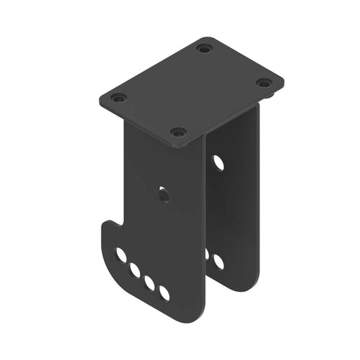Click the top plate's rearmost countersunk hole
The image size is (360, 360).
pyautogui.click(x=204, y=49)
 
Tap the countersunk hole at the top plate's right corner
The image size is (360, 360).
pyautogui.click(x=264, y=83)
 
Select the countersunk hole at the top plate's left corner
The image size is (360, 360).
pyautogui.click(x=118, y=98)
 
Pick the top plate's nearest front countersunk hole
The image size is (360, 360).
pyautogui.click(x=179, y=132)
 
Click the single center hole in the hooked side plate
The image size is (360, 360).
pyautogui.click(x=164, y=194)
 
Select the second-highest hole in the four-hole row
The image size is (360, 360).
pyautogui.click(x=135, y=269)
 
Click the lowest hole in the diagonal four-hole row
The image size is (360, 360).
pyautogui.click(x=165, y=292)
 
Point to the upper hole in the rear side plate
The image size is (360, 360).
pyautogui.click(x=219, y=163)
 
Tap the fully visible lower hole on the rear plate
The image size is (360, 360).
pyautogui.click(x=219, y=262)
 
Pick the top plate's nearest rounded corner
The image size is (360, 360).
pyautogui.click(x=185, y=146)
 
